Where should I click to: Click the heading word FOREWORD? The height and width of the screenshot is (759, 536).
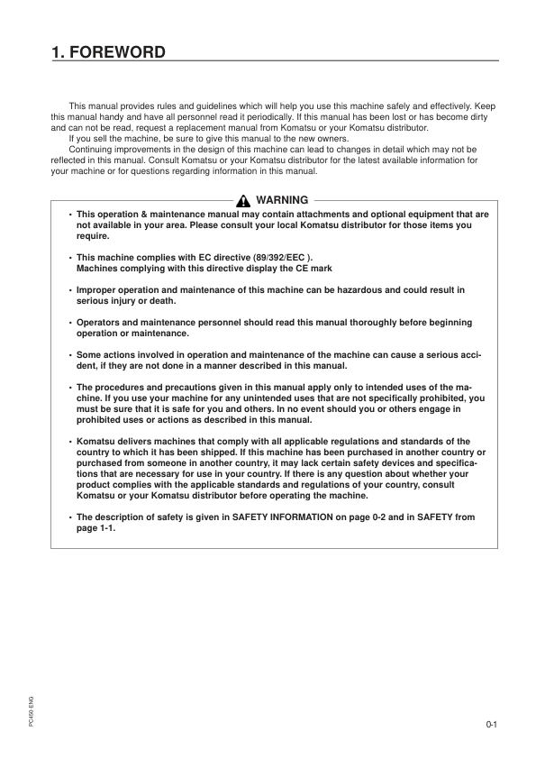[117, 51]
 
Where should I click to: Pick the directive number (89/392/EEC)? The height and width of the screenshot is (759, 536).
[274, 258]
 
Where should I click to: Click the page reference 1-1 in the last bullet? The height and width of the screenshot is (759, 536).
[105, 528]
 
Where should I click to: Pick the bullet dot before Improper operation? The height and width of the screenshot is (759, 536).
[70, 290]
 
